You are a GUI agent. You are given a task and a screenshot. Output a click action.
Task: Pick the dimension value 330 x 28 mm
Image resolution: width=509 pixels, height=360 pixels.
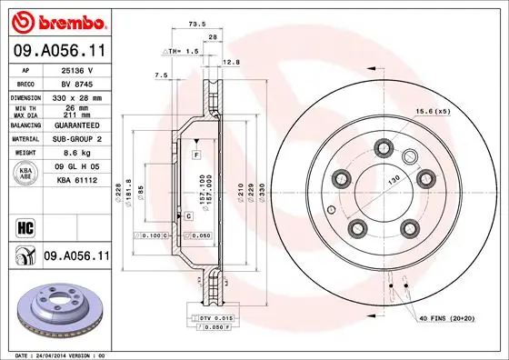(75, 96)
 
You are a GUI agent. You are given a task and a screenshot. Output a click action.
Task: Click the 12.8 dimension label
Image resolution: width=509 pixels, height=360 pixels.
(230, 62)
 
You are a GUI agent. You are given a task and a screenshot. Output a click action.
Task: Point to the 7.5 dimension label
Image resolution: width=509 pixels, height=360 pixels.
(162, 75)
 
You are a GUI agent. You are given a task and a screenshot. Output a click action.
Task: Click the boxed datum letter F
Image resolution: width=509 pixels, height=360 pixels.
(195, 157)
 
